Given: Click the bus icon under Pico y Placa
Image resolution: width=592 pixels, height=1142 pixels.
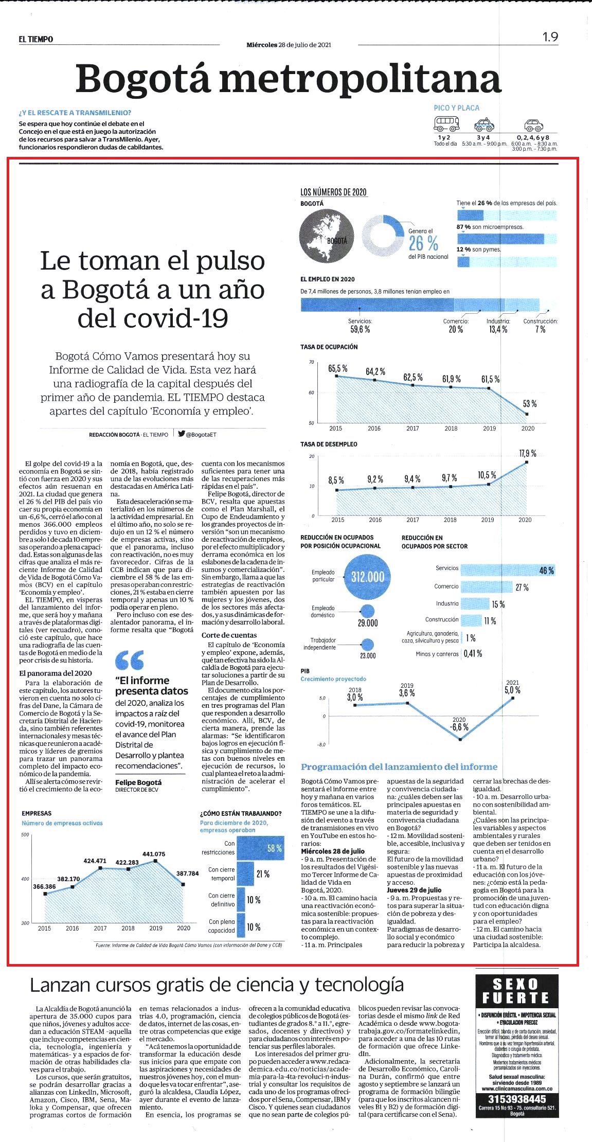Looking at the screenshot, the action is (x=446, y=123).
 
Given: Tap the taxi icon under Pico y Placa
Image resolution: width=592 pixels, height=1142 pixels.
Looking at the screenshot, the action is (x=483, y=124).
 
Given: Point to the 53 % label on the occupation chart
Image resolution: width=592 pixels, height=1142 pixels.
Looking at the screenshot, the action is (x=530, y=404).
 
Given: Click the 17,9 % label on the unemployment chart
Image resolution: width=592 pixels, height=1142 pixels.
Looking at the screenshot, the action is (x=528, y=453).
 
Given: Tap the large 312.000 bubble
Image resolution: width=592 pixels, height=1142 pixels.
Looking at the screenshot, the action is (x=368, y=577).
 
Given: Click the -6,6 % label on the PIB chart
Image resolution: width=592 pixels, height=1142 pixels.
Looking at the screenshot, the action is (x=459, y=727).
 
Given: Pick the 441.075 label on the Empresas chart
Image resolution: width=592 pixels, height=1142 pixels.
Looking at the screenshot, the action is (x=154, y=854).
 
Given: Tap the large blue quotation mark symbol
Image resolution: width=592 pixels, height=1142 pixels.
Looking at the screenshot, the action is (x=130, y=660).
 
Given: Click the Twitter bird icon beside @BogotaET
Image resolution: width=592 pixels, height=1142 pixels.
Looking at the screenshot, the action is (x=181, y=434).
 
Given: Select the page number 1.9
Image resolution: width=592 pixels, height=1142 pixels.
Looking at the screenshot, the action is (x=550, y=37).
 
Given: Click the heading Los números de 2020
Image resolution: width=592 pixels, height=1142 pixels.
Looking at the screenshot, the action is (x=333, y=192).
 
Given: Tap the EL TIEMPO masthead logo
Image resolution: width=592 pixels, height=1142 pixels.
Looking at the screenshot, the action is (x=36, y=39).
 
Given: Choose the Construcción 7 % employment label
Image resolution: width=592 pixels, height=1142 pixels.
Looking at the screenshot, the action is (x=541, y=325).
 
